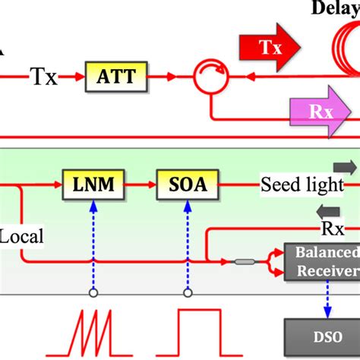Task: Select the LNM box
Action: tap(93, 183)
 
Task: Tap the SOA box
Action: tap(185, 183)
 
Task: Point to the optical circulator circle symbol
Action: tap(209, 76)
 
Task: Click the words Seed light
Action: tap(297, 184)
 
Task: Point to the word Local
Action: tap(22, 235)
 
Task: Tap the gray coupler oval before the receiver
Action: tap(244, 262)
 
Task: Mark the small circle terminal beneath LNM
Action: tap(93, 292)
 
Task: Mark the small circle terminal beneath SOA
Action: tap(185, 292)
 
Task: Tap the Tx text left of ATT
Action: tap(43, 76)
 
